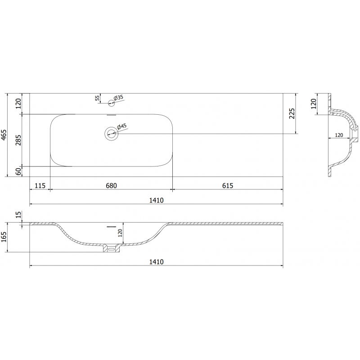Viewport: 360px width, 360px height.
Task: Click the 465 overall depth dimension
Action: point(4,135)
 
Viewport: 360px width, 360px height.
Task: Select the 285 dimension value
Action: point(18,140)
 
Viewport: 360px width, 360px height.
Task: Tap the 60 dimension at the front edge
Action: point(18,171)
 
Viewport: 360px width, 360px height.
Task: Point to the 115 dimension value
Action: point(40,185)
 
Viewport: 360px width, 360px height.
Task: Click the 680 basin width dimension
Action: point(111,185)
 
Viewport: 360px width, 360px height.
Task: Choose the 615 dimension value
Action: point(227,185)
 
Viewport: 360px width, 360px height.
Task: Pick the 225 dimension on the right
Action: point(292,113)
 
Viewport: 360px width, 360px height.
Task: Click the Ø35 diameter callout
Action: point(118,97)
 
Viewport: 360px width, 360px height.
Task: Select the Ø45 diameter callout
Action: point(121,127)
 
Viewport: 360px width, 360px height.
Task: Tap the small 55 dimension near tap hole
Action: point(97,99)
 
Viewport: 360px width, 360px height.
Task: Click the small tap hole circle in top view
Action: point(111,103)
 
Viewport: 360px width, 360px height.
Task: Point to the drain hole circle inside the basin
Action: point(111,134)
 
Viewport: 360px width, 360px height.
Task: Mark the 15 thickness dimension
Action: point(18,215)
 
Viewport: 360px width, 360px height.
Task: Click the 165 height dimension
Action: point(4,236)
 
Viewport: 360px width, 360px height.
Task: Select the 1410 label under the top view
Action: point(156,200)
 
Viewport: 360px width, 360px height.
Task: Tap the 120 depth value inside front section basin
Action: point(120,233)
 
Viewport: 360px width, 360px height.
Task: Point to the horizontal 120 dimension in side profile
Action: point(339,135)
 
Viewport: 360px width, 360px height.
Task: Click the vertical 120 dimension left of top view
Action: point(18,104)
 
